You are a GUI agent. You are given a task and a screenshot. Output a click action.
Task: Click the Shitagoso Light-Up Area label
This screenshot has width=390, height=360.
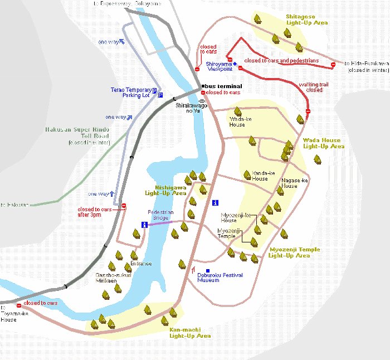(306, 20)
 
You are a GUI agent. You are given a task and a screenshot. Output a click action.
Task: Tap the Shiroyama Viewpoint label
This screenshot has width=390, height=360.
(218, 67)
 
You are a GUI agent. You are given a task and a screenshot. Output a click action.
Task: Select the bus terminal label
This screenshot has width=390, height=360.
(223, 86)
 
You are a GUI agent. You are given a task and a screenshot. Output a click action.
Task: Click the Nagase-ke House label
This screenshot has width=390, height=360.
(295, 183)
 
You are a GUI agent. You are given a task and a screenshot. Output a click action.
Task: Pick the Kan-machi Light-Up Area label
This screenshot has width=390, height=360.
(190, 333)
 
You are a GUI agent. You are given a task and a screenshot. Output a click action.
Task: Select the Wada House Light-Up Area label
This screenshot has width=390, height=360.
(324, 143)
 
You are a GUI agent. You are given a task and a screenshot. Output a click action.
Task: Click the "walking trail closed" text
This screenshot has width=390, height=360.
(311, 87)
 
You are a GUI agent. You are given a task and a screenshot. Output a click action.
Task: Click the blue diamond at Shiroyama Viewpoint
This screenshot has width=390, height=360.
(235, 63)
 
